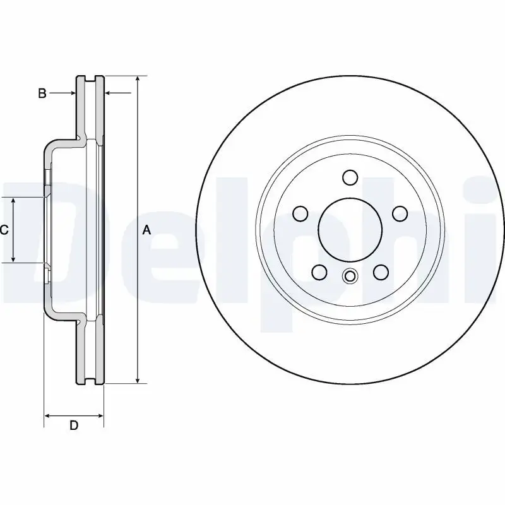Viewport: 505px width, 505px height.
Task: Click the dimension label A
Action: tap(146, 230)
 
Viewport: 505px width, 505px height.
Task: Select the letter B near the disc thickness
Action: tap(42, 93)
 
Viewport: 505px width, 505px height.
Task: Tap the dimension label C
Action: tap(4, 230)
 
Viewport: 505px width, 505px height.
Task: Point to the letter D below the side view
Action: tap(74, 425)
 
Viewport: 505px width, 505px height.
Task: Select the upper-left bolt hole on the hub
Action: tap(301, 214)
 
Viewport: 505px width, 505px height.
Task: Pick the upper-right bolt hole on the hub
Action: tap(400, 214)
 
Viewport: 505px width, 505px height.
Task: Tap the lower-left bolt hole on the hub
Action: tap(320, 272)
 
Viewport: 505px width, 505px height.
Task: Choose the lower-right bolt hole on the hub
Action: tap(381, 272)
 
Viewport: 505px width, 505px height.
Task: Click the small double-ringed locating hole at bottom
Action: tap(350, 276)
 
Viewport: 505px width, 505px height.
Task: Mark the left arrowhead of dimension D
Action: tap(47, 415)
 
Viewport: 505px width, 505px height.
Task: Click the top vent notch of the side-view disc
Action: tap(90, 78)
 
